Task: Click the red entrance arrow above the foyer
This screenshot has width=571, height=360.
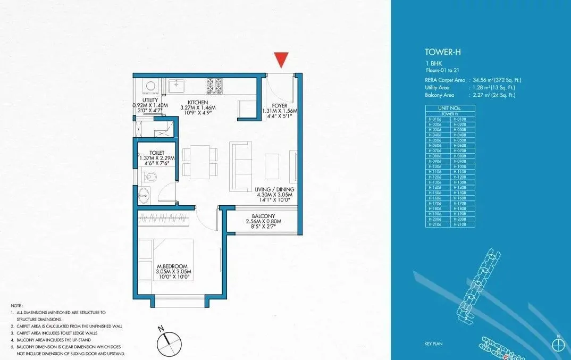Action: (x=282, y=60)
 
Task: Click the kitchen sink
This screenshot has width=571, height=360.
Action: (x=176, y=84)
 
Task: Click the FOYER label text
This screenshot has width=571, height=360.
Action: (x=279, y=105)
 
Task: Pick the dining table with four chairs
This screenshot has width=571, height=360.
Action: (x=200, y=162)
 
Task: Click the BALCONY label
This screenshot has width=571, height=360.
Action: (x=263, y=215)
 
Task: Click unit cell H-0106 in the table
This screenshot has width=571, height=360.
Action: (x=437, y=119)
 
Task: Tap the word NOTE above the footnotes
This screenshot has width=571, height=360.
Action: (x=16, y=306)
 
